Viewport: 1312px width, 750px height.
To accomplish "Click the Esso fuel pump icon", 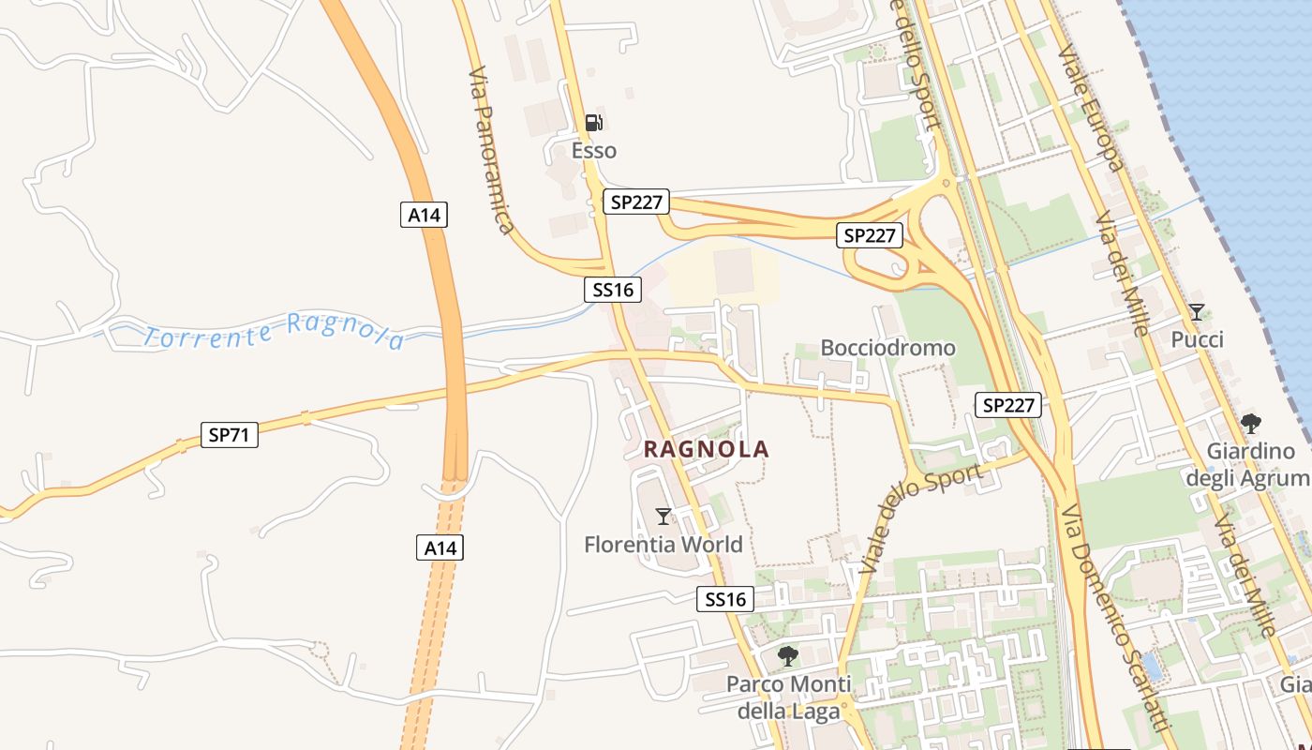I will pyautogui.click(x=593, y=122).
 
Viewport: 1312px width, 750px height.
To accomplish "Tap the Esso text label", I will pyautogui.click(x=594, y=151).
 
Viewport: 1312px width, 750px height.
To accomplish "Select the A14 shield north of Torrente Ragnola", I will pyautogui.click(x=424, y=215).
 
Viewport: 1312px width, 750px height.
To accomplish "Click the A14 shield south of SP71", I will pyautogui.click(x=440, y=547).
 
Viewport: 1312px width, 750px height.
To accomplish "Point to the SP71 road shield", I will pyautogui.click(x=230, y=435).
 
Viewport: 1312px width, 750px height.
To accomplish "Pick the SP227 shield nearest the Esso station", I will pyautogui.click(x=635, y=202).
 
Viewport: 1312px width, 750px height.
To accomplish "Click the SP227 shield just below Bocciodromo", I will pyautogui.click(x=1008, y=405).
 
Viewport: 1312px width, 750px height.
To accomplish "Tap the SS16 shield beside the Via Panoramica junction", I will pyautogui.click(x=614, y=290).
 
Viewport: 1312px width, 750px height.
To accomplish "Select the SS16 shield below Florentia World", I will pyautogui.click(x=725, y=599).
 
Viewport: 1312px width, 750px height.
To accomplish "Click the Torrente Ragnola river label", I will pyautogui.click(x=275, y=332).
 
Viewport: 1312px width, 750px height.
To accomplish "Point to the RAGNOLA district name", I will pyautogui.click(x=707, y=450).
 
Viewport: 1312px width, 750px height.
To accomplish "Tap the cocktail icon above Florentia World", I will pyautogui.click(x=663, y=516).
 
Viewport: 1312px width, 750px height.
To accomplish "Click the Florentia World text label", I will pyautogui.click(x=663, y=545).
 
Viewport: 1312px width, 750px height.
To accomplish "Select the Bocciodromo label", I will pyautogui.click(x=887, y=348).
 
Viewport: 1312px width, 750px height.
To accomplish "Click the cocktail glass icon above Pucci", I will pyautogui.click(x=1197, y=311).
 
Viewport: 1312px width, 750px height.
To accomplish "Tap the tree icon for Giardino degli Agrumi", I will pyautogui.click(x=1250, y=424).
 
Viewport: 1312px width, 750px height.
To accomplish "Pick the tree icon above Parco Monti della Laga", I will pyautogui.click(x=788, y=655).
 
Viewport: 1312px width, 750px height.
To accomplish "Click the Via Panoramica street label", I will pyautogui.click(x=491, y=150).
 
